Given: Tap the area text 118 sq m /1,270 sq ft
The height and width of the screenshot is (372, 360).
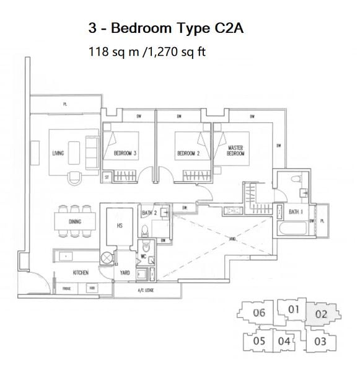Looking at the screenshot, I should point(147,51).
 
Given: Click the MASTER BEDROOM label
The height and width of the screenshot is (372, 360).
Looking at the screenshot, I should point(237,151).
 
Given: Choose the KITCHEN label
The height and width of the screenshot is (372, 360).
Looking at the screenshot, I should point(80,272).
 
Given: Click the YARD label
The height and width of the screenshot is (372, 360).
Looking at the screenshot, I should point(125,272).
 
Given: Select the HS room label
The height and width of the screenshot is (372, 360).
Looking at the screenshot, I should point(120,226).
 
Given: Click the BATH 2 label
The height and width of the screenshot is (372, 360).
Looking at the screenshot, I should point(149,213).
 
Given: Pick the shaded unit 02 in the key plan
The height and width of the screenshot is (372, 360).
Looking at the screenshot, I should point(320,314).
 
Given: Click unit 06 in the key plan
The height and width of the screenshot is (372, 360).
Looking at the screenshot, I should point(260,312).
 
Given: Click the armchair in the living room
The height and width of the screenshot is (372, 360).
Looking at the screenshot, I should point(74,177).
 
